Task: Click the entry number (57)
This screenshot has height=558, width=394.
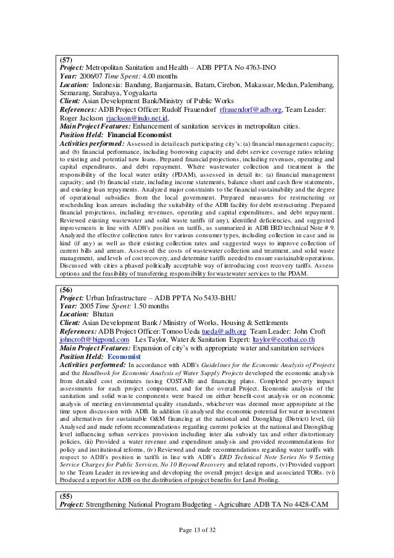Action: pyautogui.click(x=65, y=60)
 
